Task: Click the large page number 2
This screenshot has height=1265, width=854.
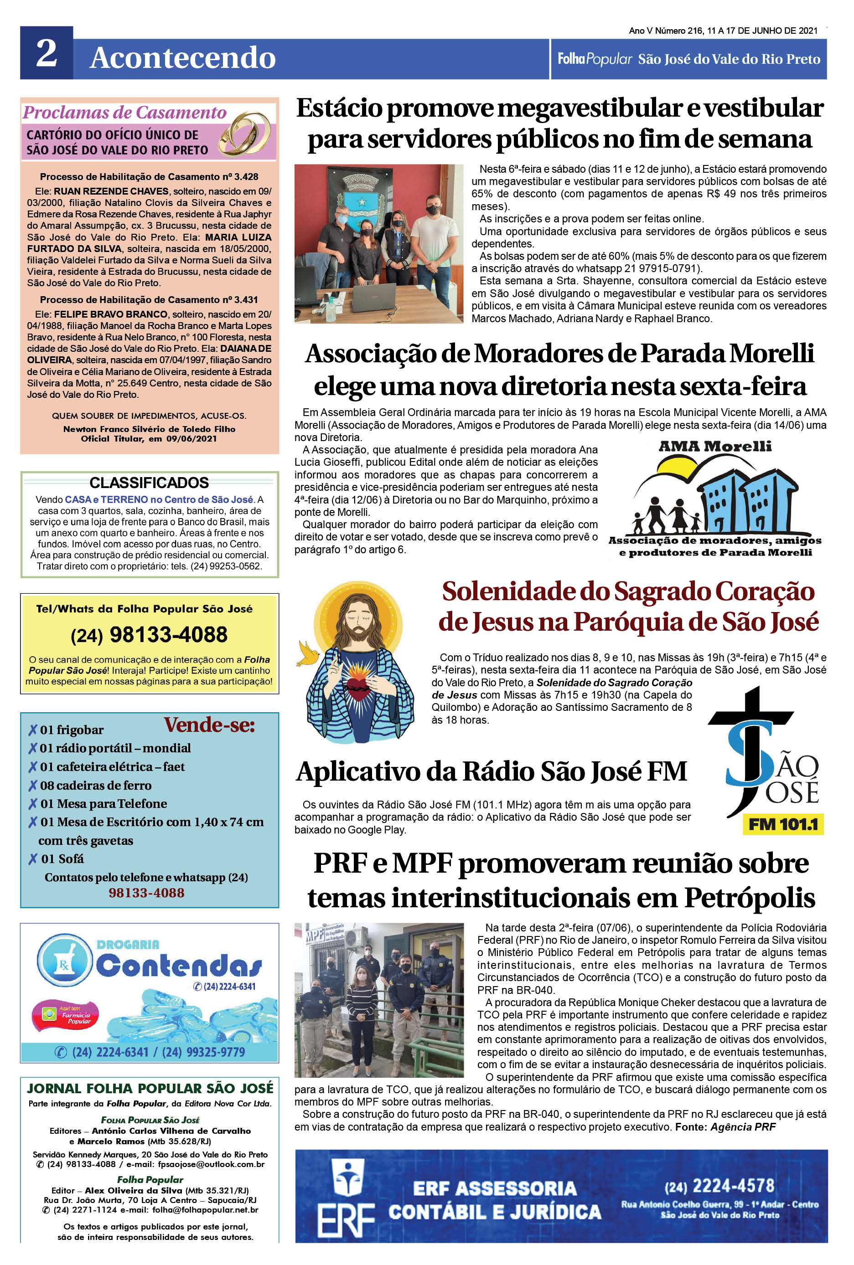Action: click(x=47, y=53)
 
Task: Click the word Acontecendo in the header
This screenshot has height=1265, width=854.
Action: click(x=182, y=58)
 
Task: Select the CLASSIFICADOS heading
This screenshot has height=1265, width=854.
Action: click(x=149, y=483)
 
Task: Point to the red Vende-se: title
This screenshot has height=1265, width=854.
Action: click(x=209, y=725)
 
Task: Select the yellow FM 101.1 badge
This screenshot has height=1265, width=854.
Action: click(x=783, y=825)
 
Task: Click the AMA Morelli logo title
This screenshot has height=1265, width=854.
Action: click(x=714, y=446)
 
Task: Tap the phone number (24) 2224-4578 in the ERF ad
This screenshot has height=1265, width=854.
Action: click(x=719, y=1186)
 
